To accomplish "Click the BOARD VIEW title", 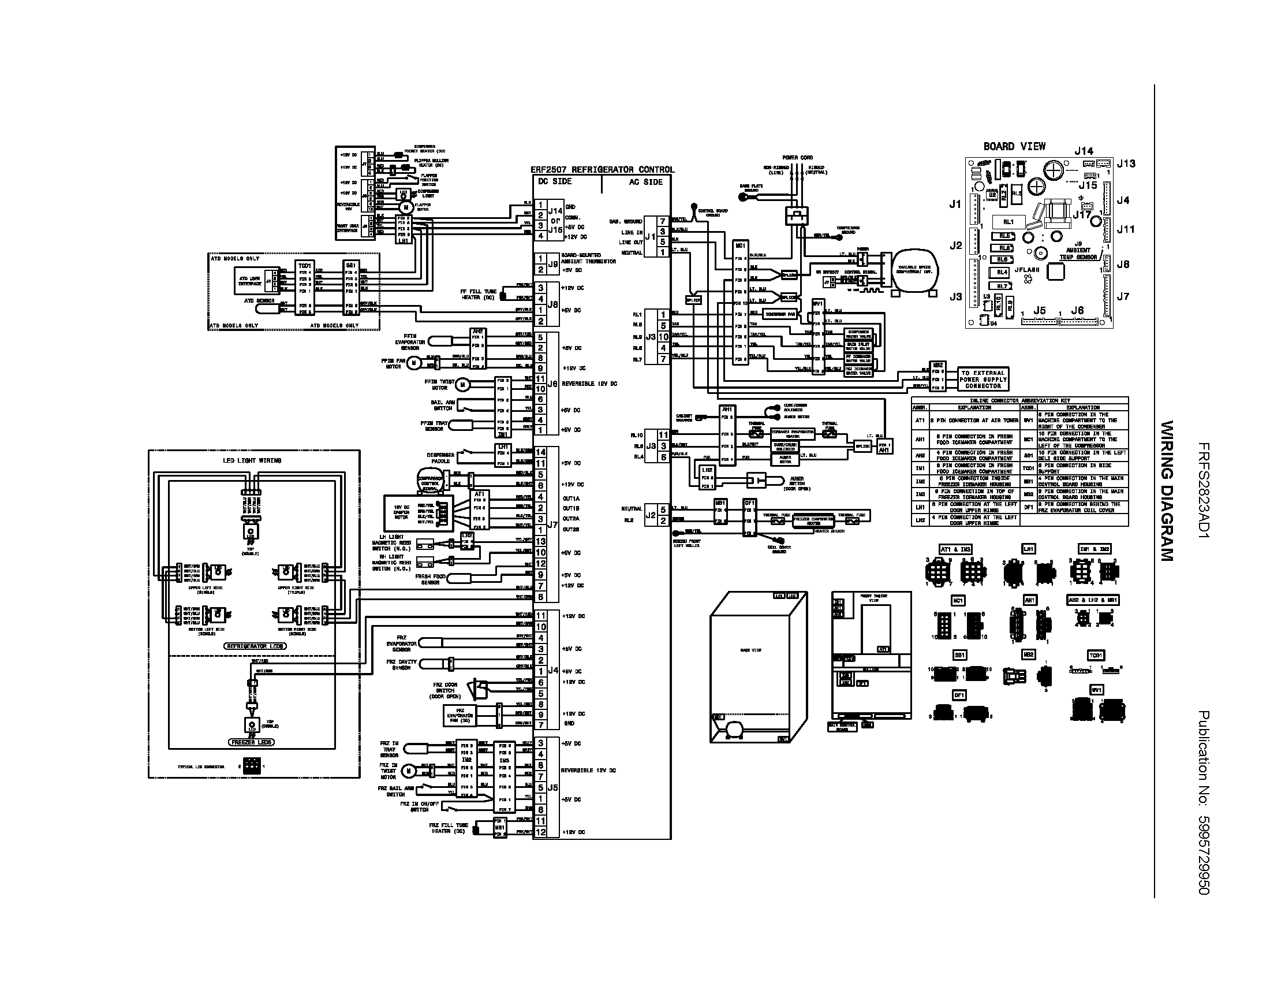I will (x=1014, y=147).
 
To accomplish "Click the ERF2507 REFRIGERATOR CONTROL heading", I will (x=602, y=170).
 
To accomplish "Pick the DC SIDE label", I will (x=555, y=181).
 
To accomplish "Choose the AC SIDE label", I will (x=645, y=182).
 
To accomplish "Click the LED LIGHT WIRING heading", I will (x=252, y=460).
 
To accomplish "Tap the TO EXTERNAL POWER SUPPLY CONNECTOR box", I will (x=983, y=380).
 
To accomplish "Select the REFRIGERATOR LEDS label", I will (x=254, y=646).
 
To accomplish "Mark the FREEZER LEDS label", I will (x=251, y=742).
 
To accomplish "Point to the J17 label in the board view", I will (x=1082, y=215).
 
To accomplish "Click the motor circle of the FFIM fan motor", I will (x=413, y=363).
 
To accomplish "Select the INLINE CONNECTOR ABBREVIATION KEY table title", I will (x=1019, y=400).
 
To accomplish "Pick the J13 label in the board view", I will (x=1126, y=163).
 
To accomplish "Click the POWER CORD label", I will (x=797, y=158).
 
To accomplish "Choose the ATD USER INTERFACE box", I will (x=250, y=281).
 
